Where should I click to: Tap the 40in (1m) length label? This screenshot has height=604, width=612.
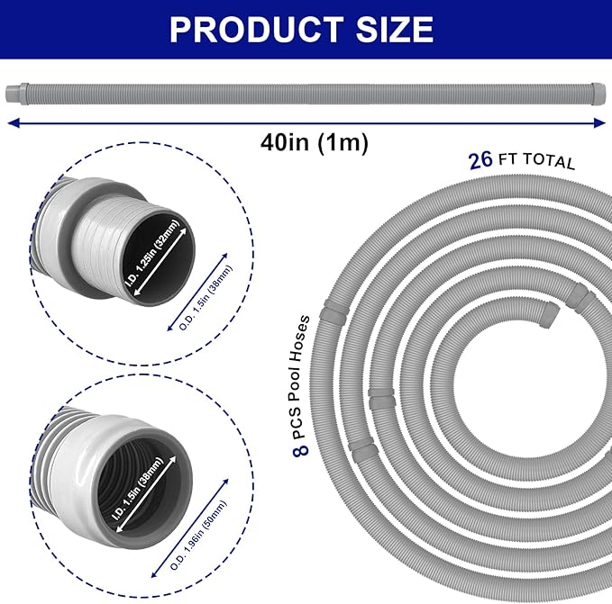click(306, 142)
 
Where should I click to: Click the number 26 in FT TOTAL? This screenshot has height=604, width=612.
click(480, 160)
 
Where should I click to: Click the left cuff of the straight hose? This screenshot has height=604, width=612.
click(15, 93)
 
